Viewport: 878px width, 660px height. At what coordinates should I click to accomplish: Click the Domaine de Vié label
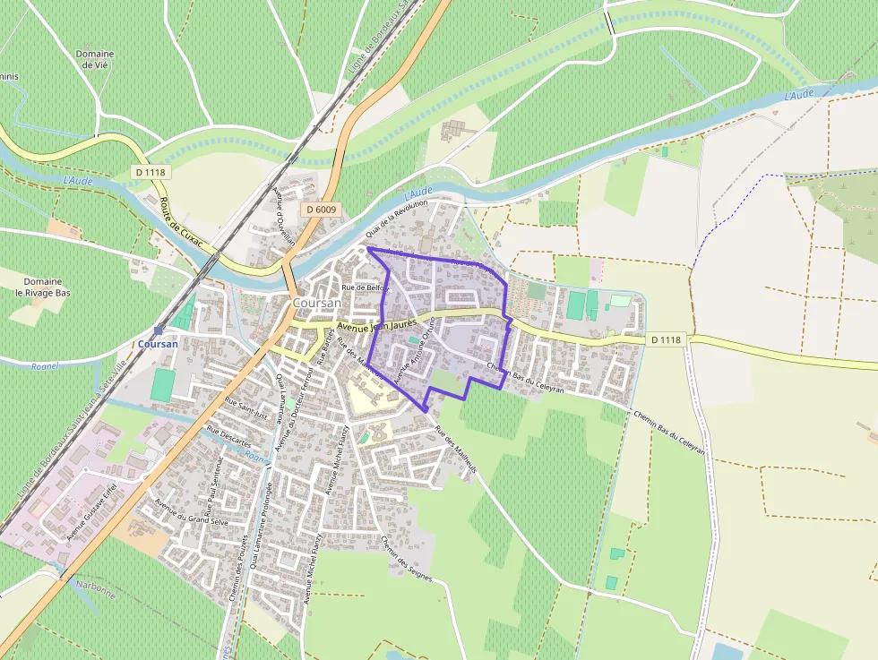[x=95, y=59]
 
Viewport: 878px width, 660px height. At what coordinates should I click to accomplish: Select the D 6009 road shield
[x=320, y=209]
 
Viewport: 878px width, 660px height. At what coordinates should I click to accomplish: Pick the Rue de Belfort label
[x=366, y=287]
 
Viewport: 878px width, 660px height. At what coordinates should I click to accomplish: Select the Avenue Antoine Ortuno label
[x=414, y=351]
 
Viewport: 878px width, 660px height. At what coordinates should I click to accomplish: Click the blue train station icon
[x=159, y=330]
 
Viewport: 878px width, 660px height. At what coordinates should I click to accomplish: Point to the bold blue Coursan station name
[x=159, y=344]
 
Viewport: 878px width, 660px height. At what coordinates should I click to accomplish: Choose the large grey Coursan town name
[x=316, y=303]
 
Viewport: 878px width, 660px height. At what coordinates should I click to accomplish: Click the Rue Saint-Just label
[x=246, y=408]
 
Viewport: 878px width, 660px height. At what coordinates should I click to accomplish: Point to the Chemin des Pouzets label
[x=238, y=570]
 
